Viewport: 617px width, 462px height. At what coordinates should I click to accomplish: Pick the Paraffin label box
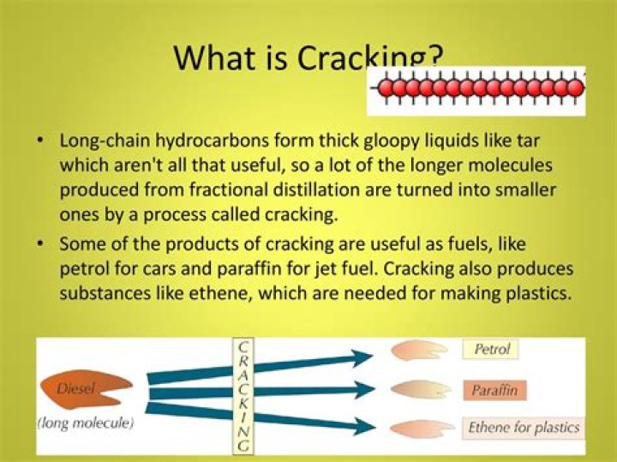[x=494, y=391]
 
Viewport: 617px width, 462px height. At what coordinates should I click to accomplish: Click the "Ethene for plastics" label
[x=524, y=427]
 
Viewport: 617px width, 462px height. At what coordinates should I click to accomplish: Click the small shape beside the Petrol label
[x=417, y=351]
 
